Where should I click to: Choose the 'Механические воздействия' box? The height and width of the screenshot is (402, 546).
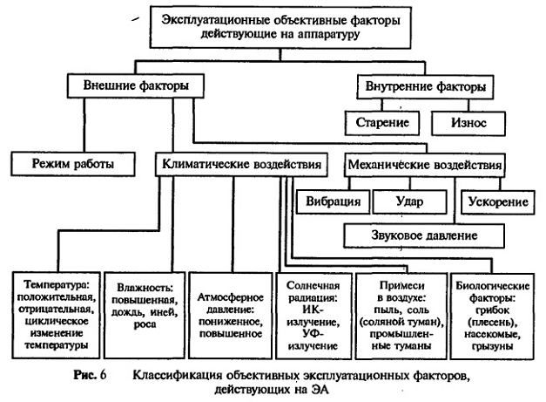pyautogui.click(x=423, y=163)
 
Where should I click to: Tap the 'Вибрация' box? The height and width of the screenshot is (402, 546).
pyautogui.click(x=332, y=201)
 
